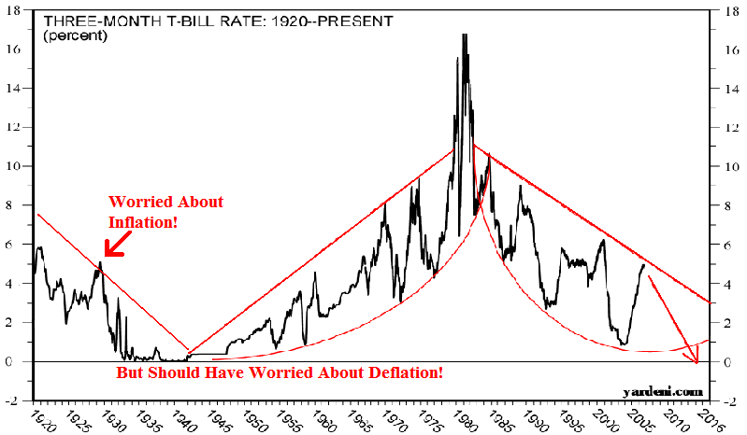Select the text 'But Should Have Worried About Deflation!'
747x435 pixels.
tap(279, 373)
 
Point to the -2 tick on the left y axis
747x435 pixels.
tap(17, 400)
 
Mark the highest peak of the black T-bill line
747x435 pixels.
tap(464, 35)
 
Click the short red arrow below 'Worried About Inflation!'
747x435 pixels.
tap(116, 245)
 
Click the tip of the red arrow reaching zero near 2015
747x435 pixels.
tap(697, 361)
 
